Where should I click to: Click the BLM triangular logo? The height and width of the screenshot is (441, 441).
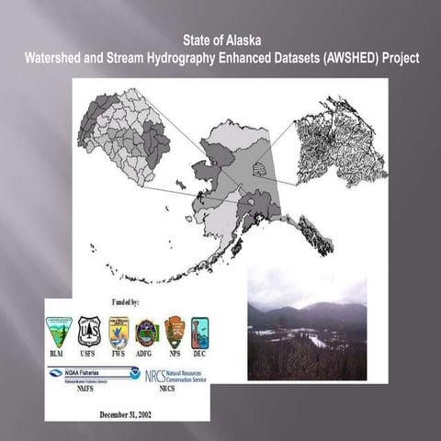59,332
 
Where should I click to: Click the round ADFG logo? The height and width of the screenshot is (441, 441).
146,332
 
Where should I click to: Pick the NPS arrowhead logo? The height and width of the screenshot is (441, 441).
174,332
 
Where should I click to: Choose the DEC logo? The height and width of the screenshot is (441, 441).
199,332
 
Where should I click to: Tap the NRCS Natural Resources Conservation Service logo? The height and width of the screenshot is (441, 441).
175,375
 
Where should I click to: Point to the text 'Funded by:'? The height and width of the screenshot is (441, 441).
126,301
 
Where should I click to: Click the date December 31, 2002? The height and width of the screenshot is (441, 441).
126,413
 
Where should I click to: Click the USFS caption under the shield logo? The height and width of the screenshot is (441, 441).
88,353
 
